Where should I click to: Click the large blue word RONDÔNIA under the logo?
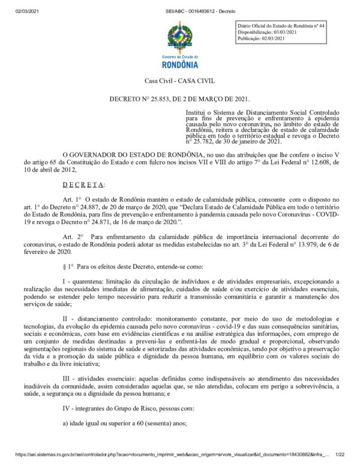click(x=180, y=64)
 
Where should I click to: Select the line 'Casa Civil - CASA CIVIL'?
click(x=179, y=81)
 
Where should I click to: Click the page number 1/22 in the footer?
click(x=340, y=456)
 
